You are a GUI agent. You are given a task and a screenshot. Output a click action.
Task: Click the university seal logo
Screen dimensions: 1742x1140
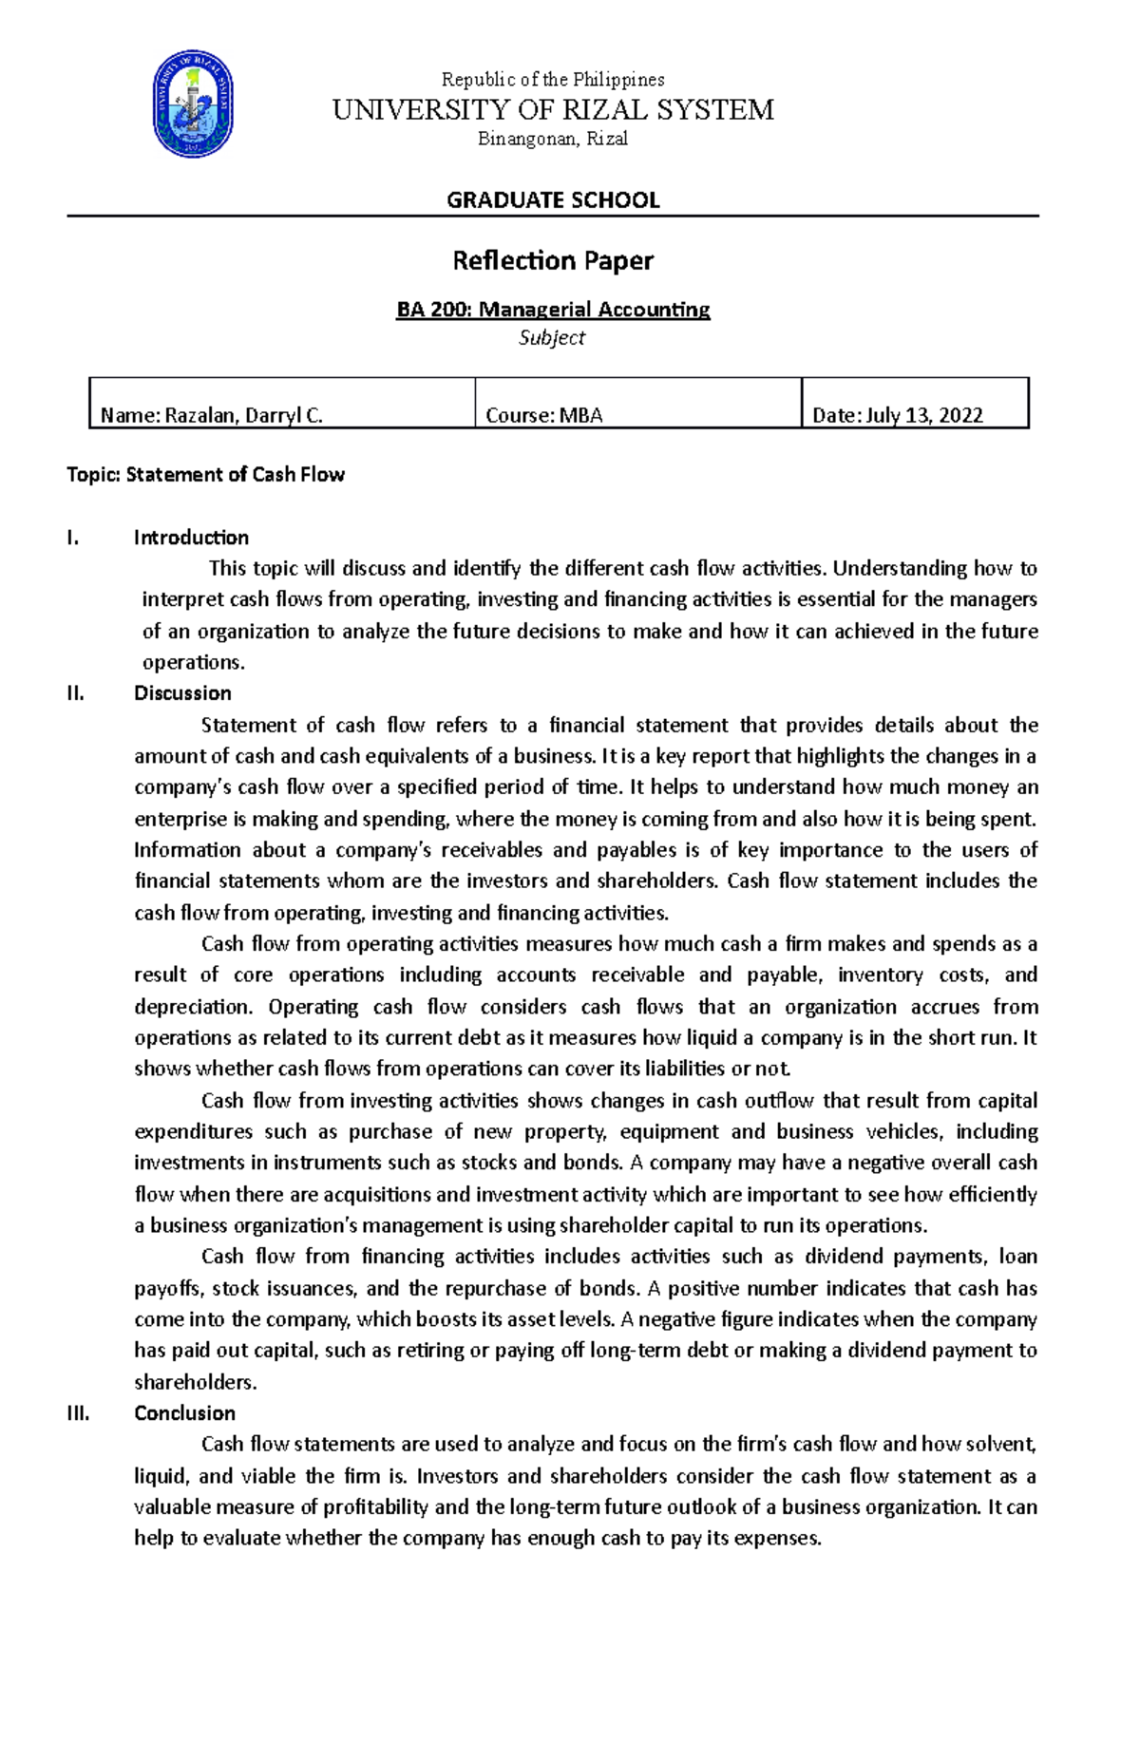tap(193, 104)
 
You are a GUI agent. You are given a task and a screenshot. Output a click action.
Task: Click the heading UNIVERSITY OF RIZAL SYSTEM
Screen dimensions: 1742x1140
tap(553, 110)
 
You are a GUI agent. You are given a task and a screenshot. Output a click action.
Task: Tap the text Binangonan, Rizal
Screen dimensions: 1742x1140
tap(553, 140)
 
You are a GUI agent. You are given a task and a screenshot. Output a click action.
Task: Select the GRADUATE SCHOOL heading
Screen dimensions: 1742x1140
tap(553, 200)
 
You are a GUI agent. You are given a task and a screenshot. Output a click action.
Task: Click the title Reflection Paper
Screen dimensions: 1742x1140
tap(553, 260)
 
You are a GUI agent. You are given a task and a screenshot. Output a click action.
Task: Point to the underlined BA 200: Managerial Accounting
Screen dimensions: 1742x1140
tap(553, 310)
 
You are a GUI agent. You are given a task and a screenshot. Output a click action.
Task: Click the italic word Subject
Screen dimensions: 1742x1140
tap(552, 338)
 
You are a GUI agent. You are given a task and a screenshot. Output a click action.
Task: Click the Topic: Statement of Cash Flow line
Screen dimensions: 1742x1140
tap(205, 475)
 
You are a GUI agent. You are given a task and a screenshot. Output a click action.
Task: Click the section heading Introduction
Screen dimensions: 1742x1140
tap(191, 538)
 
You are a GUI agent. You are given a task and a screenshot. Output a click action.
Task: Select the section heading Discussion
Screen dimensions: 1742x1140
tap(182, 693)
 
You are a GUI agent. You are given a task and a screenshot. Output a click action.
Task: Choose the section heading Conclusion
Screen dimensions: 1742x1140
tap(184, 1413)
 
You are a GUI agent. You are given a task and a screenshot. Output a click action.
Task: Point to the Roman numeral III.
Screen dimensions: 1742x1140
tap(78, 1413)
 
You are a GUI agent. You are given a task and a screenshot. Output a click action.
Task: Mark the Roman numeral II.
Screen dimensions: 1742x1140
tap(75, 693)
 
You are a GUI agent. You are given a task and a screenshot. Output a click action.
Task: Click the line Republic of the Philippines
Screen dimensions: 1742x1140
tap(553, 80)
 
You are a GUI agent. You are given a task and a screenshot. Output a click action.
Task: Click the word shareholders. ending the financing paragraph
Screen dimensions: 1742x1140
tap(196, 1382)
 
